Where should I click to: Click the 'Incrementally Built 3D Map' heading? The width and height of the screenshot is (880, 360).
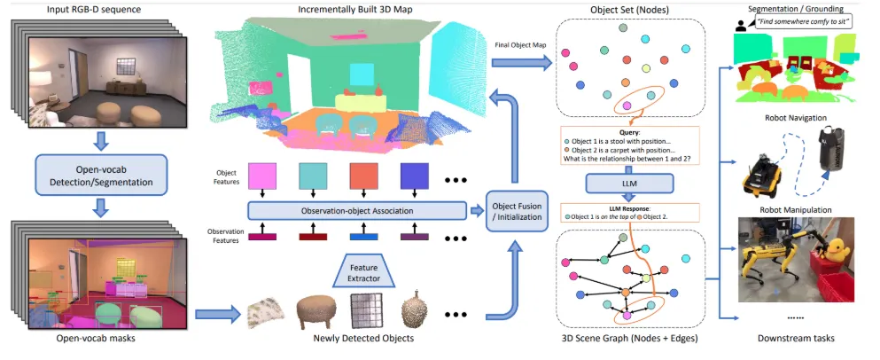point(356,9)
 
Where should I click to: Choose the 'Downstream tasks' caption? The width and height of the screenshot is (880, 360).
point(795,338)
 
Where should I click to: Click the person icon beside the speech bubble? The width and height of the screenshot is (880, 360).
point(740,26)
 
